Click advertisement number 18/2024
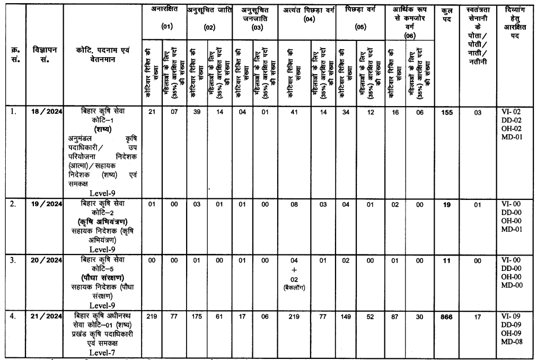46,111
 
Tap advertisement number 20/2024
46,258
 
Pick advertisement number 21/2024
46,317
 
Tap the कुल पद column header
447,15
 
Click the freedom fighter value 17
481,318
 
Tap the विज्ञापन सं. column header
46,53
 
